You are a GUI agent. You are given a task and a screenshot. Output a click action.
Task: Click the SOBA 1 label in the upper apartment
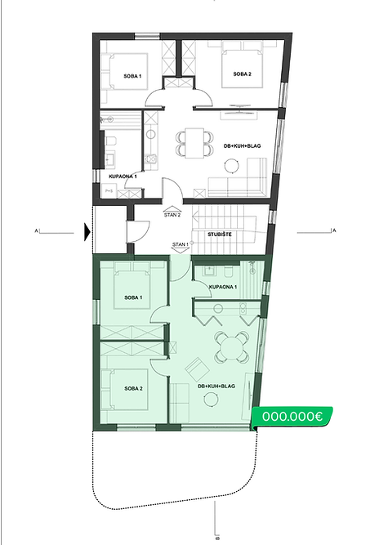coord(132,76)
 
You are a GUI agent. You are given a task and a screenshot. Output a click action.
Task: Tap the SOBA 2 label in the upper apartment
coord(242,74)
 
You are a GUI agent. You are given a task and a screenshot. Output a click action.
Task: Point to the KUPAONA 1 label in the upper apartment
coord(123,176)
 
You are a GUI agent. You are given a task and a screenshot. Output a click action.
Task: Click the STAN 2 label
coord(173,215)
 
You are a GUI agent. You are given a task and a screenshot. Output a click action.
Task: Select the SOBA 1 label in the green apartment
coord(128,297)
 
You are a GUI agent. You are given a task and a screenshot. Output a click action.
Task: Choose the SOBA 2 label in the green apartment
coord(128,387)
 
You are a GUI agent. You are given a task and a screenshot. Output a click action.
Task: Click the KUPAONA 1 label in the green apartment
coord(223,288)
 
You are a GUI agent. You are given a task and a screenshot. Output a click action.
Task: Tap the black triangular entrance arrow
coord(87,233)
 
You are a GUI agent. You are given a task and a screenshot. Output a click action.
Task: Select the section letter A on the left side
coord(38,230)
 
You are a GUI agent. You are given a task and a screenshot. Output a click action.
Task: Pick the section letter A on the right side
coord(334,230)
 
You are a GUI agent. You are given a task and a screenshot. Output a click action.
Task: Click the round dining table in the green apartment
coord(230,351)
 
